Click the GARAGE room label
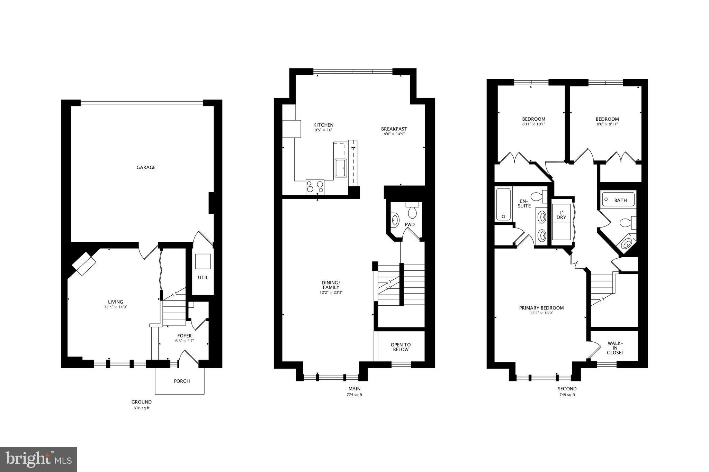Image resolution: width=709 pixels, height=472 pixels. coord(146,167)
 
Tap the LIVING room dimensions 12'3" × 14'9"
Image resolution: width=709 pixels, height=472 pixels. coord(115,307)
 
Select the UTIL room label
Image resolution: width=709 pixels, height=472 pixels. coord(203,277)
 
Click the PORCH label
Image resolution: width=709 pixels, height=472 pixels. coord(182,381)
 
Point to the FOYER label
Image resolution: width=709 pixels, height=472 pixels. coord(185,336)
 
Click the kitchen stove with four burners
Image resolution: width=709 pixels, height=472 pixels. coord(315,187)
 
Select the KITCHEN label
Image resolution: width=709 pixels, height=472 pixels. coord(323,125)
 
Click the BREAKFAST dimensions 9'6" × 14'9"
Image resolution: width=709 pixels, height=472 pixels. coord(394,134)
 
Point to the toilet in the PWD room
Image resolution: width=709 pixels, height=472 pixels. coord(412,211)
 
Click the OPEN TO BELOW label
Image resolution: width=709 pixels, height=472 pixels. coord(401,347)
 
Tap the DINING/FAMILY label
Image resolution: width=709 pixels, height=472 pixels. coord(331,285)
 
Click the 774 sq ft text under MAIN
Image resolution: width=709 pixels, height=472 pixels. coord(354,395)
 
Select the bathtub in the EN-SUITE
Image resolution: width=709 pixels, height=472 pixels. coord(503,204)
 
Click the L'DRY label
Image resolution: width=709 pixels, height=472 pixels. coord(561,215)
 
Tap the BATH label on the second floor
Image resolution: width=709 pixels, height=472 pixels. coord(620,200)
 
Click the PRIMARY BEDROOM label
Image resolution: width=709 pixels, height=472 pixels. coord(541,308)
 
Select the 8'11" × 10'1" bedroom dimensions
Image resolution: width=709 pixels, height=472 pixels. coord(533,124)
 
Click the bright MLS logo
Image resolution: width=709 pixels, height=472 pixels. coord(38,459)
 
